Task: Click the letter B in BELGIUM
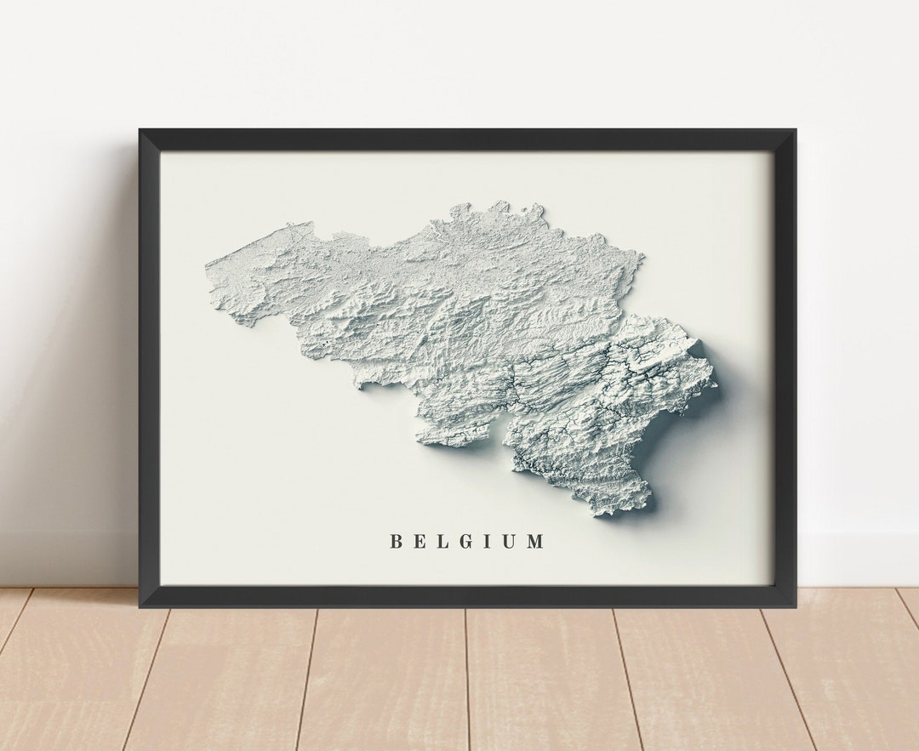pyautogui.click(x=396, y=541)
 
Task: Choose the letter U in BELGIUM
pyautogui.click(x=508, y=541)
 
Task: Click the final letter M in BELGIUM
pyautogui.click(x=534, y=541)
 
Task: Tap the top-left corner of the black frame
pyautogui.click(x=141, y=131)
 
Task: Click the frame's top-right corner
pyautogui.click(x=794, y=131)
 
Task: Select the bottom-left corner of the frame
pyautogui.click(x=141, y=605)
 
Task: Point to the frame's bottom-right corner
pyautogui.click(x=794, y=605)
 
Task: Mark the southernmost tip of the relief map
pyautogui.click(x=605, y=515)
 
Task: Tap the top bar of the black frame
pyautogui.click(x=468, y=139)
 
